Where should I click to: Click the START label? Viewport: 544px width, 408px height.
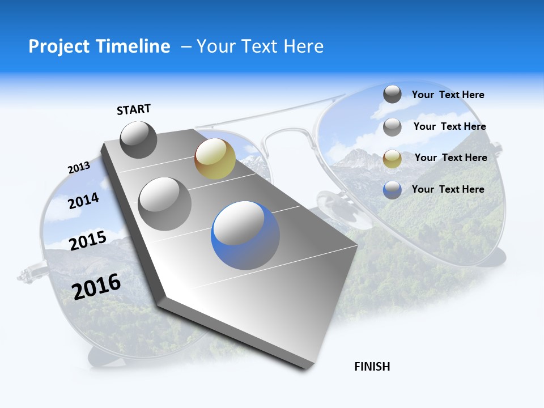tap(134, 109)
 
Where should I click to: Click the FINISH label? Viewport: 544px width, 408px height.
tap(372, 367)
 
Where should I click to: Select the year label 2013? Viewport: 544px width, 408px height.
tap(79, 168)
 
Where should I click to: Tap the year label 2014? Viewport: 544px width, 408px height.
tap(83, 201)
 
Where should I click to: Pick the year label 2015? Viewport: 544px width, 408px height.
tap(88, 240)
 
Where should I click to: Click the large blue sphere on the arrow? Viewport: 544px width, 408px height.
tap(245, 235)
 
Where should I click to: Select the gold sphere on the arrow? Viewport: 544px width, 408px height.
tap(215, 158)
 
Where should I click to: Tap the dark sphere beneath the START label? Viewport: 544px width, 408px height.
tap(139, 139)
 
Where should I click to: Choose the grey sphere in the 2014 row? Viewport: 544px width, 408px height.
tap(165, 203)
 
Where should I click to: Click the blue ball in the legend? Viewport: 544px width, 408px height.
tap(392, 190)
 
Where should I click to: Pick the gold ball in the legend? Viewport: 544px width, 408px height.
tap(392, 159)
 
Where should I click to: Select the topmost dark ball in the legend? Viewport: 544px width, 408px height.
tap(392, 94)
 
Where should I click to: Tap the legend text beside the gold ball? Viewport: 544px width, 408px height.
tap(450, 158)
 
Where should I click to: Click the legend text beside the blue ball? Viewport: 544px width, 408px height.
tap(448, 189)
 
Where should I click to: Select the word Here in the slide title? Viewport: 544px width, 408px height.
tap(303, 46)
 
